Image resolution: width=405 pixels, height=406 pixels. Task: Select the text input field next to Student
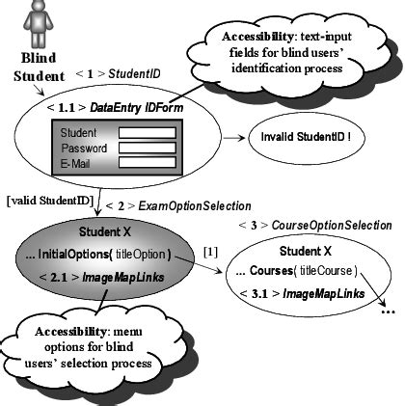[147, 132]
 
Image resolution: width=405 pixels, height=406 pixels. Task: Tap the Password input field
[147, 148]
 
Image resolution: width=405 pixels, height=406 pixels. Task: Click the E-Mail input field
[147, 163]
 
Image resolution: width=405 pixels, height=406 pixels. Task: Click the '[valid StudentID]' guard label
[48, 201]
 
